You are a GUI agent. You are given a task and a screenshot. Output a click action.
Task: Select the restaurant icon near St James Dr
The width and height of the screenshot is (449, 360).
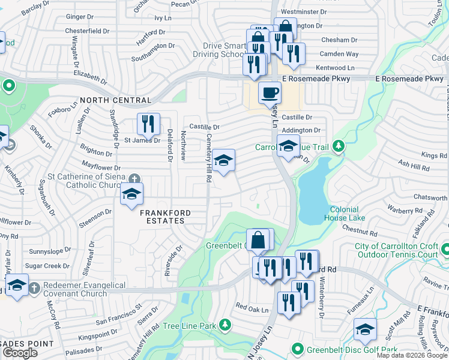tap(148, 124)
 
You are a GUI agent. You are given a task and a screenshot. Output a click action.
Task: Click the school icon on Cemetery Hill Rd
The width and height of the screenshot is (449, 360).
tap(223, 160)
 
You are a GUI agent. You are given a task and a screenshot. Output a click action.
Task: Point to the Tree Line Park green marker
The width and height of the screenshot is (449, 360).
tap(225, 325)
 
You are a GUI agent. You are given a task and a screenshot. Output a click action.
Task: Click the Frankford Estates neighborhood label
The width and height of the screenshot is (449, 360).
tap(166, 217)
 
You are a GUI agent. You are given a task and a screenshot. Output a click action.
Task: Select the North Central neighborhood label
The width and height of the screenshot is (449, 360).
tap(115, 100)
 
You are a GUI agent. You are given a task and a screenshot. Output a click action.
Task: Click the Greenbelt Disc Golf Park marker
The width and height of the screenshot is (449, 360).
tap(297, 349)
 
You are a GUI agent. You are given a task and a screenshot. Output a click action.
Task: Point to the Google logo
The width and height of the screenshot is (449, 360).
tap(20, 353)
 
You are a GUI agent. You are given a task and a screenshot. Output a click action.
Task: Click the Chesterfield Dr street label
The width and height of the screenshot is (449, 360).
tap(88, 30)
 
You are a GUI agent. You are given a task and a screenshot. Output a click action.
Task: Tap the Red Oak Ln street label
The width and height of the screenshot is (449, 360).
tap(252, 308)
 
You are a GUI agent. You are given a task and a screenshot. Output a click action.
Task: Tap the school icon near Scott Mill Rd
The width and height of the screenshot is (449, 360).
tap(364, 328)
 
